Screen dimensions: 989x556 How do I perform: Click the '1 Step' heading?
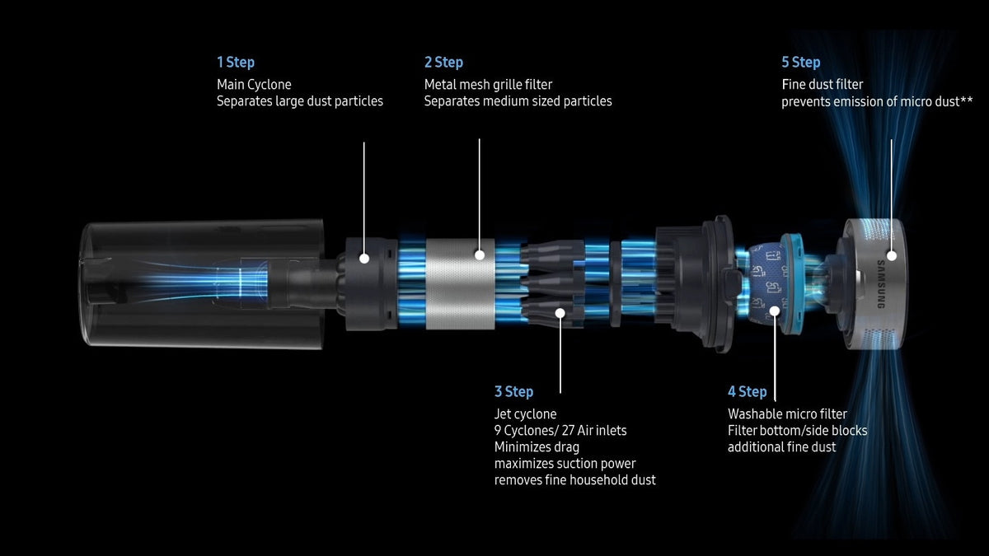click(236, 63)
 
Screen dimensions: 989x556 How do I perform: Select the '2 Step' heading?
click(443, 63)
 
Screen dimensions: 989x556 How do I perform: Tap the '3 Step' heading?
click(514, 391)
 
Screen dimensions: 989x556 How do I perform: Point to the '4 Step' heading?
click(747, 391)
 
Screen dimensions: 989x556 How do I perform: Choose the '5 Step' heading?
click(801, 63)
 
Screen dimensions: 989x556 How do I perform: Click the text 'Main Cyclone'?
click(254, 84)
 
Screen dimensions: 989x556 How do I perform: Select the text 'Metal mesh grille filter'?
click(488, 84)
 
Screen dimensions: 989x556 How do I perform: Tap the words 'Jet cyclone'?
click(526, 413)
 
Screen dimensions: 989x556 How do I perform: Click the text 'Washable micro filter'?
click(787, 413)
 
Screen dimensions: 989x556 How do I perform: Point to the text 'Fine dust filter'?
click(823, 84)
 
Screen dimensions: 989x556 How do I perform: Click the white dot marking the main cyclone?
click(364, 259)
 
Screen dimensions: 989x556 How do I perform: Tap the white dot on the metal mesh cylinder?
click(480, 255)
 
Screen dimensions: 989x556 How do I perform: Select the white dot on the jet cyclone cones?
click(560, 313)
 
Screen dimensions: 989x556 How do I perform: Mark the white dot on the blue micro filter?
click(775, 311)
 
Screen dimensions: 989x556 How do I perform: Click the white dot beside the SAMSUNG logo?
click(892, 255)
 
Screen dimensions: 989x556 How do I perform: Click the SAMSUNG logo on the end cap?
click(881, 284)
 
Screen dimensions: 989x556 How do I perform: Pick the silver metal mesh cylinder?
click(460, 284)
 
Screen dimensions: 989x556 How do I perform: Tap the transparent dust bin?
click(203, 284)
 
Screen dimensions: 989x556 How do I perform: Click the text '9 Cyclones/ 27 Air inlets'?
click(560, 430)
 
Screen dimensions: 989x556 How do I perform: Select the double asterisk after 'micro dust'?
click(967, 100)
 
